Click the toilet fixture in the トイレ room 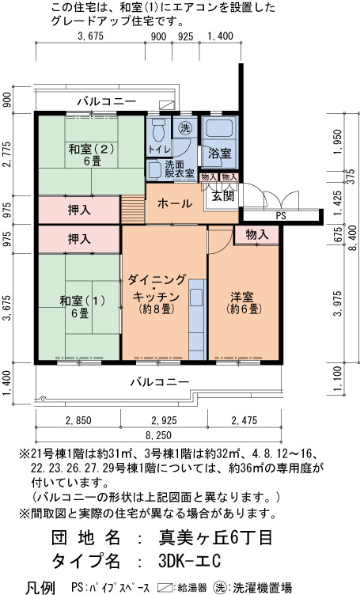(x=158, y=130)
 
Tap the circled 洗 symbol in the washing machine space (x=185, y=128)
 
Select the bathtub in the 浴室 (x=220, y=131)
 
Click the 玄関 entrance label (x=223, y=196)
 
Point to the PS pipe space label (x=281, y=216)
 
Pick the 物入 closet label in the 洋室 (x=257, y=235)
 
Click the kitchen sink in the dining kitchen (x=196, y=297)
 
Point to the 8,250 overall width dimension (x=158, y=435)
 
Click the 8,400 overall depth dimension (x=353, y=237)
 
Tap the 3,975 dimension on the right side (x=338, y=304)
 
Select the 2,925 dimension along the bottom (x=164, y=420)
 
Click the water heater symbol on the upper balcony (x=166, y=105)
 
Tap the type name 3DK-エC (x=189, y=561)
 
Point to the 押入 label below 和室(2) (x=79, y=210)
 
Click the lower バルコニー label (x=160, y=381)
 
